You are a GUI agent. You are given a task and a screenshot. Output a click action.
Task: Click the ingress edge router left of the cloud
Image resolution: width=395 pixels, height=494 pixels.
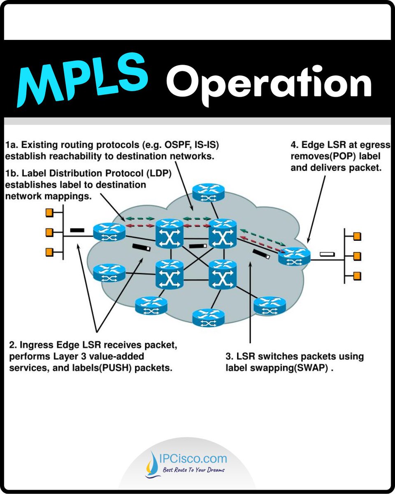coord(109,232)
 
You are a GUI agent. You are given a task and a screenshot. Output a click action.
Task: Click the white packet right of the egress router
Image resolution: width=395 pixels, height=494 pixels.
coord(328,255)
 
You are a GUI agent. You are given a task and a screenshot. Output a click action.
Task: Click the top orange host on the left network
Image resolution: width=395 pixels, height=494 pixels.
coord(50,212)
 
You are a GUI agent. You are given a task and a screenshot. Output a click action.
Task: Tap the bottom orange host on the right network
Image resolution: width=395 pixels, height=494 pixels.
coord(357,275)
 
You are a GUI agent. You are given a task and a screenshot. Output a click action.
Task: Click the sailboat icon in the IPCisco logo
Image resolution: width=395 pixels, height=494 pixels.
coord(151,464)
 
